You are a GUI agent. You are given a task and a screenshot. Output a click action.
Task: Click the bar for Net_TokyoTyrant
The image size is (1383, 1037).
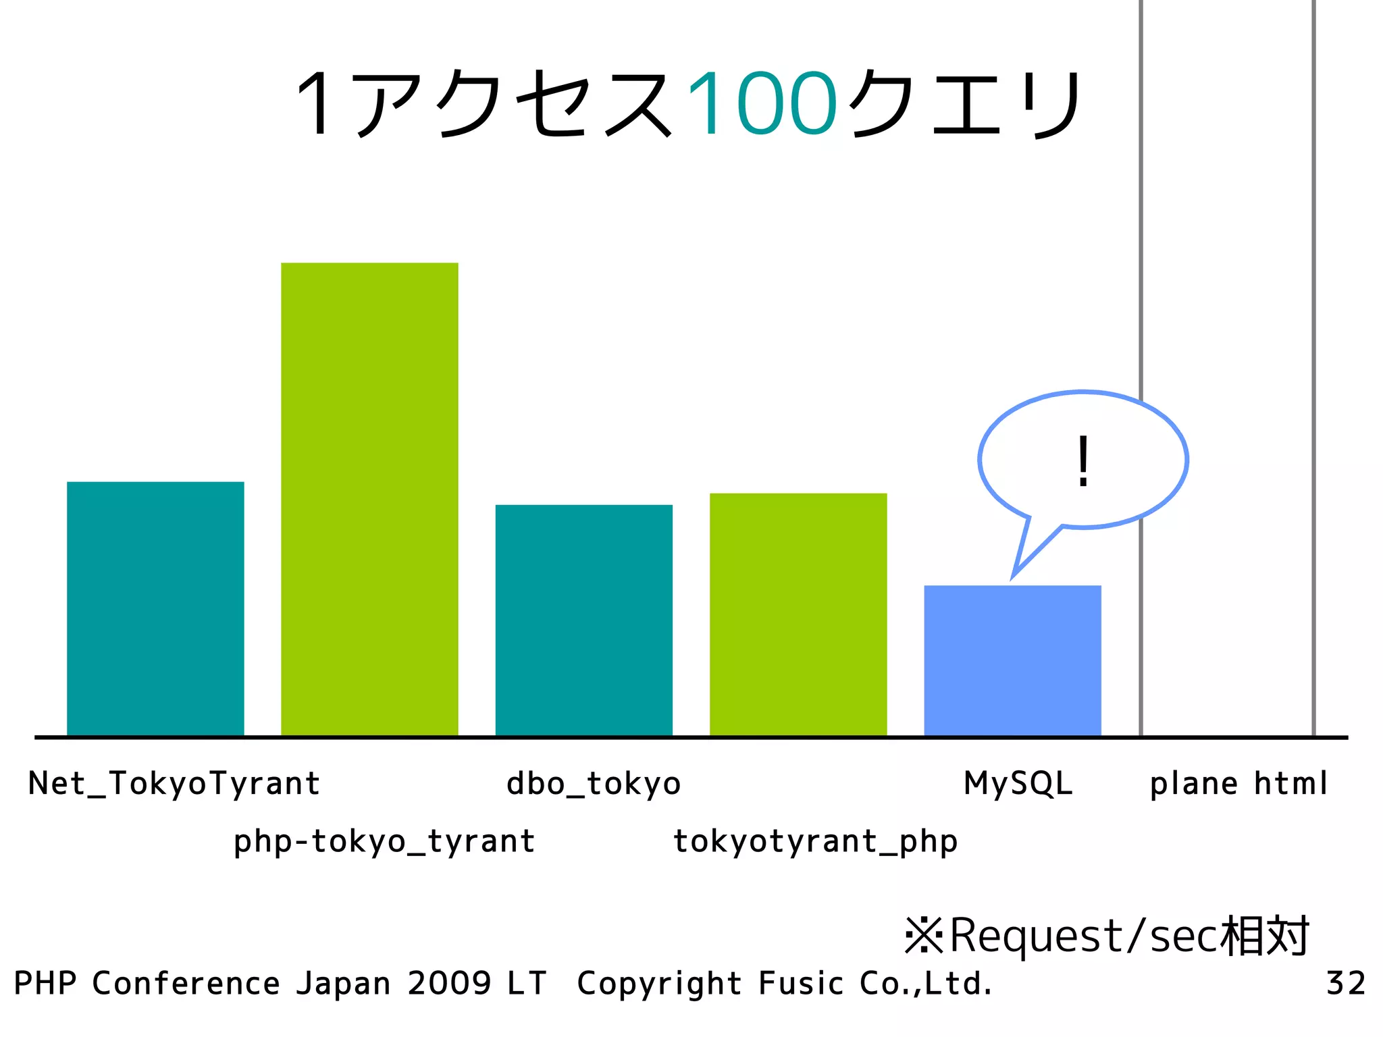click(155, 608)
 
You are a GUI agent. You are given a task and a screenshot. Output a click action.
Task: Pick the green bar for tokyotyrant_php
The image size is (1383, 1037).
click(798, 614)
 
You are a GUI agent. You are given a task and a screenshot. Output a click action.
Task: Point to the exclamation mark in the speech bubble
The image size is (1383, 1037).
click(1083, 461)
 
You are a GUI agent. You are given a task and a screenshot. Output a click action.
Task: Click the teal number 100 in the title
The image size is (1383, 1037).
click(762, 105)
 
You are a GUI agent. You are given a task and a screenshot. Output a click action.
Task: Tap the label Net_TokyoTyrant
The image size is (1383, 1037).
click(174, 784)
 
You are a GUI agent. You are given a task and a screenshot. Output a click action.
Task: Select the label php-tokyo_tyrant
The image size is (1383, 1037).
click(384, 842)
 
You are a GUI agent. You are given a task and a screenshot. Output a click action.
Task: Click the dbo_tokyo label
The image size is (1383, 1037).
click(594, 784)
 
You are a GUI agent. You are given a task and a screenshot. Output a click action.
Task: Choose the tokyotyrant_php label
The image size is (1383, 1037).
click(815, 842)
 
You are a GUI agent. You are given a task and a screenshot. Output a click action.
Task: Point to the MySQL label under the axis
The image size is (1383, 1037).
click(1018, 784)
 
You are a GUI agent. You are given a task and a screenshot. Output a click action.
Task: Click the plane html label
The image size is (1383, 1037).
click(1238, 784)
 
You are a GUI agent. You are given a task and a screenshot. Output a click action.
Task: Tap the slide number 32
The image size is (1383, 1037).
click(1346, 983)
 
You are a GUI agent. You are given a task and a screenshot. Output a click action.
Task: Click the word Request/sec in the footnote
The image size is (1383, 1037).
click(1085, 936)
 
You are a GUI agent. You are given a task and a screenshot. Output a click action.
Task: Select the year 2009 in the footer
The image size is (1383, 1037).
click(449, 983)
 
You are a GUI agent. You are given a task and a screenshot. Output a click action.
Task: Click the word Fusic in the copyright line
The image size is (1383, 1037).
click(801, 983)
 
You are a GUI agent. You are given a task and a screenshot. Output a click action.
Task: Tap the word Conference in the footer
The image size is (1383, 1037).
click(186, 983)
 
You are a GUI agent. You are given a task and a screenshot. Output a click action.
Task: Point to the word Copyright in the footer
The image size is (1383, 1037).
click(659, 984)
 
